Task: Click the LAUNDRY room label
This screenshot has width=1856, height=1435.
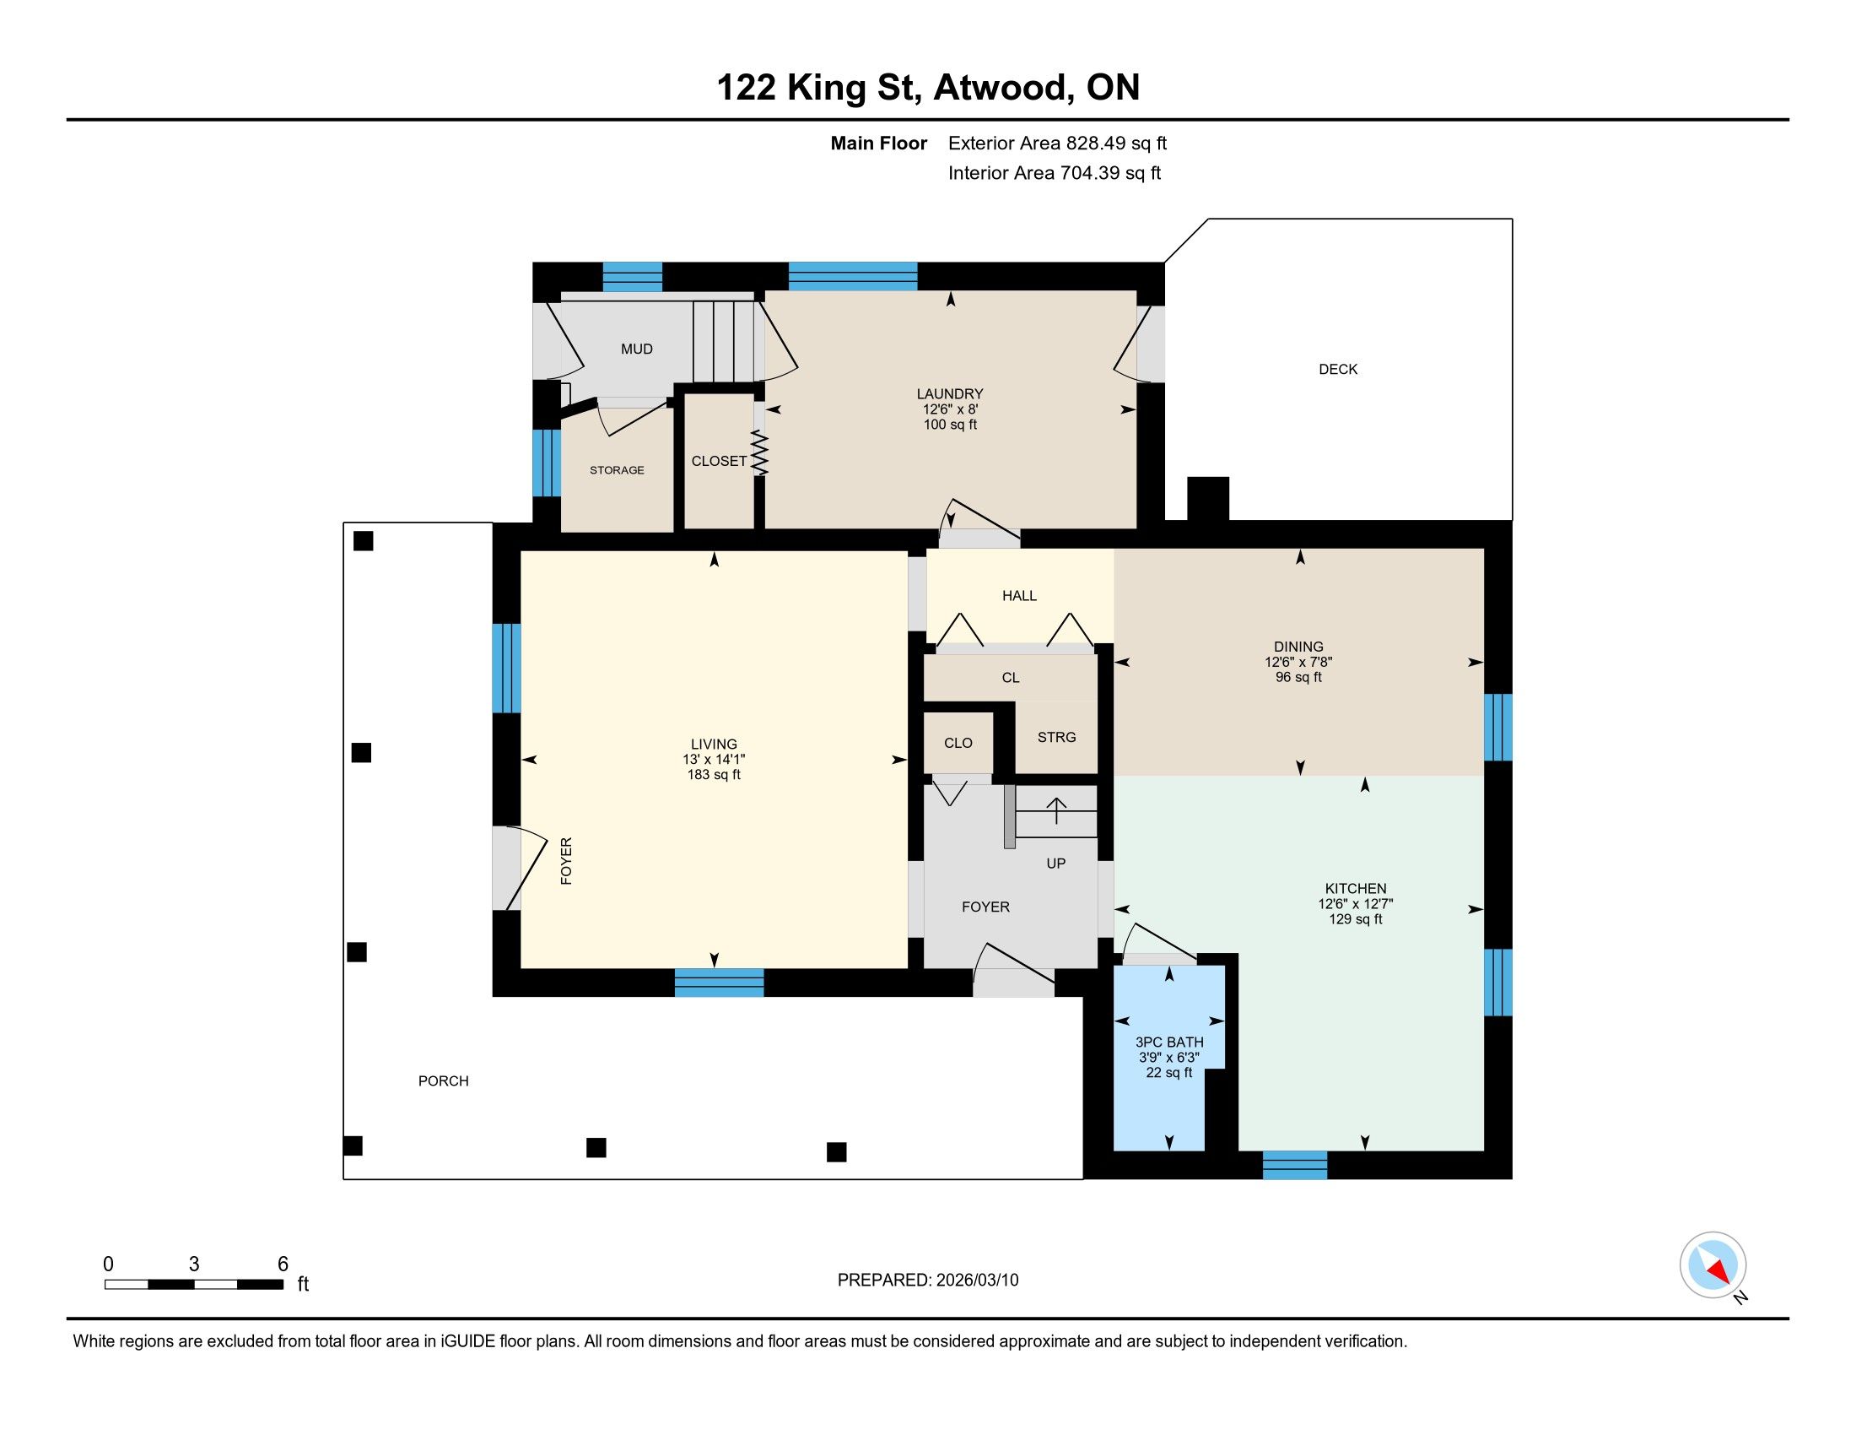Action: (949, 393)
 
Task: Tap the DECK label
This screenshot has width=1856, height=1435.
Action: (1338, 369)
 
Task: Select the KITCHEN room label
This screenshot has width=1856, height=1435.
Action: (1356, 888)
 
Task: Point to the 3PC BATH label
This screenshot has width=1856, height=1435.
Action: (1169, 1042)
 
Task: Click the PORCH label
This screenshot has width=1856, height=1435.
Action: (443, 1080)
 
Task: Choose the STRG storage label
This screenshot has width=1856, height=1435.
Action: (1056, 737)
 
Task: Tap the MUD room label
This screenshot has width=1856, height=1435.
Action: (636, 349)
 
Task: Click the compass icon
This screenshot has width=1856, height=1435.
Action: (1713, 1264)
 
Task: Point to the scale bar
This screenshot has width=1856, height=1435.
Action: (194, 1284)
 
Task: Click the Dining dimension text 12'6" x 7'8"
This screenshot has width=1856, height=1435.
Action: (1298, 662)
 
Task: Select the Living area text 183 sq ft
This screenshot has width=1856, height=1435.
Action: (714, 774)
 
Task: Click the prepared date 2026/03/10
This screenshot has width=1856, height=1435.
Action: (976, 1280)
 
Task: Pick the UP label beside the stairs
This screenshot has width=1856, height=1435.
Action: (1055, 863)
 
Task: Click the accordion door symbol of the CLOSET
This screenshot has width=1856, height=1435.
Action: (759, 453)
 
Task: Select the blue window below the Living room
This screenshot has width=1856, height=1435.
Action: (719, 982)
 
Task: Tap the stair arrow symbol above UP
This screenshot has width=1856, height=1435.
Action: (1056, 811)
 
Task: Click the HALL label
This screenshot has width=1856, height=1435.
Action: (1019, 595)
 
